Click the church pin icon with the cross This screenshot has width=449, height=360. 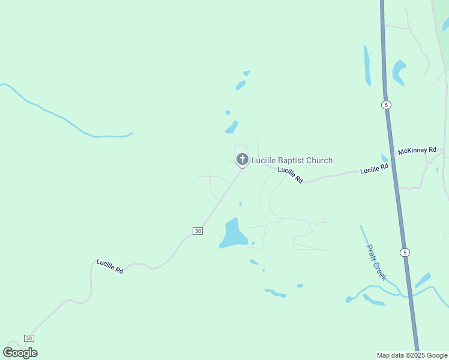click(242, 159)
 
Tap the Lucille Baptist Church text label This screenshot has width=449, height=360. click(292, 160)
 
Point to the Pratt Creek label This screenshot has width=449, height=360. click(376, 262)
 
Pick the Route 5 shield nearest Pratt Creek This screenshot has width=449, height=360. click(405, 252)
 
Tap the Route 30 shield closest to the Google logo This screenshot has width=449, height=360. click(28, 338)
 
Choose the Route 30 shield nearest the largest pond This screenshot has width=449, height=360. click(197, 231)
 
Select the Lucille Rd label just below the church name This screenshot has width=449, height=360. click(290, 175)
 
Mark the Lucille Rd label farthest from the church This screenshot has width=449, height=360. click(110, 266)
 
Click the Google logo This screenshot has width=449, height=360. click(20, 352)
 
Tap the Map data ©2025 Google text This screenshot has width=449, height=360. click(412, 355)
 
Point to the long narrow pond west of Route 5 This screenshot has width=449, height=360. click(367, 65)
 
